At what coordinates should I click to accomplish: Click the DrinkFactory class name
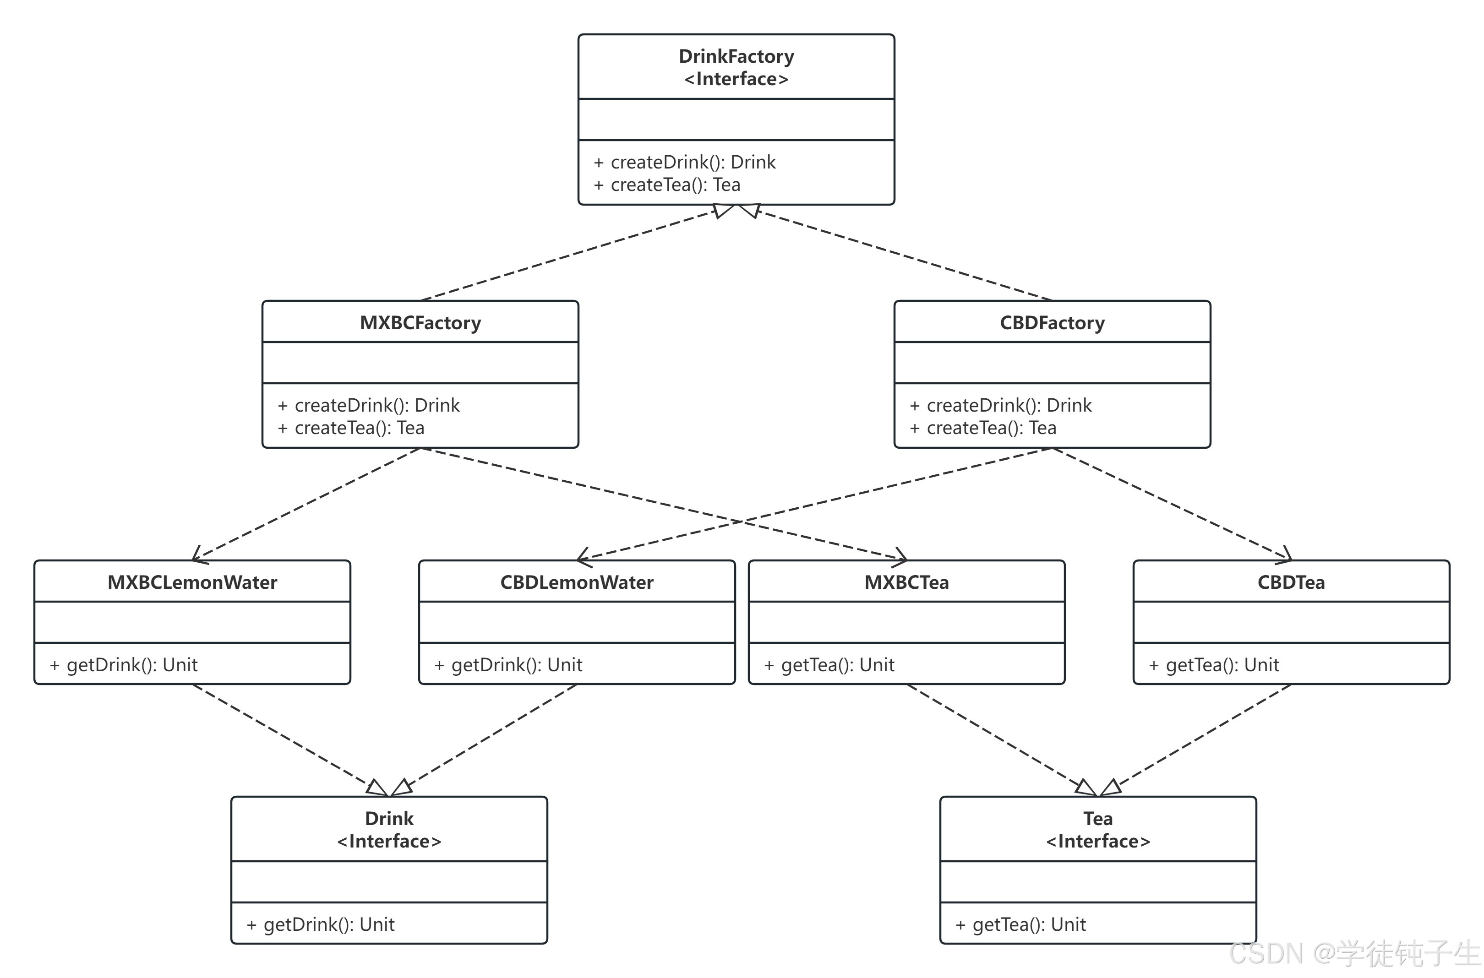(736, 57)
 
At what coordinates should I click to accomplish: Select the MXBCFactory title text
(420, 323)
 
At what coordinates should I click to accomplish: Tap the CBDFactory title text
(1053, 323)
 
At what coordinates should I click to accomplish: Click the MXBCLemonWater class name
(192, 582)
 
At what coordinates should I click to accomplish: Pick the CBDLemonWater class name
(577, 582)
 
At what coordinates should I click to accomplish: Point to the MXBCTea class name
(906, 582)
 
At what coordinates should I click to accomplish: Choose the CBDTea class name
(1291, 582)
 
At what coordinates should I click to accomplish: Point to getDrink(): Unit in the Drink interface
(329, 925)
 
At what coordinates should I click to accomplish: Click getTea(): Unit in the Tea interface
(1029, 925)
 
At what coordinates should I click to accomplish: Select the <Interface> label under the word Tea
(1098, 842)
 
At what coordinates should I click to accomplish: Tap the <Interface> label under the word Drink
(389, 842)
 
